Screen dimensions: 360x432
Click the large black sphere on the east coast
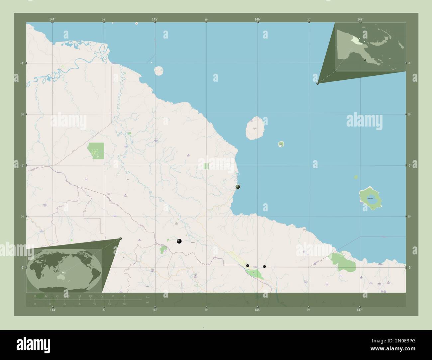238,187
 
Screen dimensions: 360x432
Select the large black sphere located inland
179,241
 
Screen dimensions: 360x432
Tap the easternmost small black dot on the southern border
265,266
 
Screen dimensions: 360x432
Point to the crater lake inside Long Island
370,199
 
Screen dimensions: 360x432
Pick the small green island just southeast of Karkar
281,144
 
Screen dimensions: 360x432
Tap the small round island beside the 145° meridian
159,70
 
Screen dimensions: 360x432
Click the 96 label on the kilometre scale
124,296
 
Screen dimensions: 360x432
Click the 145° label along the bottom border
155,310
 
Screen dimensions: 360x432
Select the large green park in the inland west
96,150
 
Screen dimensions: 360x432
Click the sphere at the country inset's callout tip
318,83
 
